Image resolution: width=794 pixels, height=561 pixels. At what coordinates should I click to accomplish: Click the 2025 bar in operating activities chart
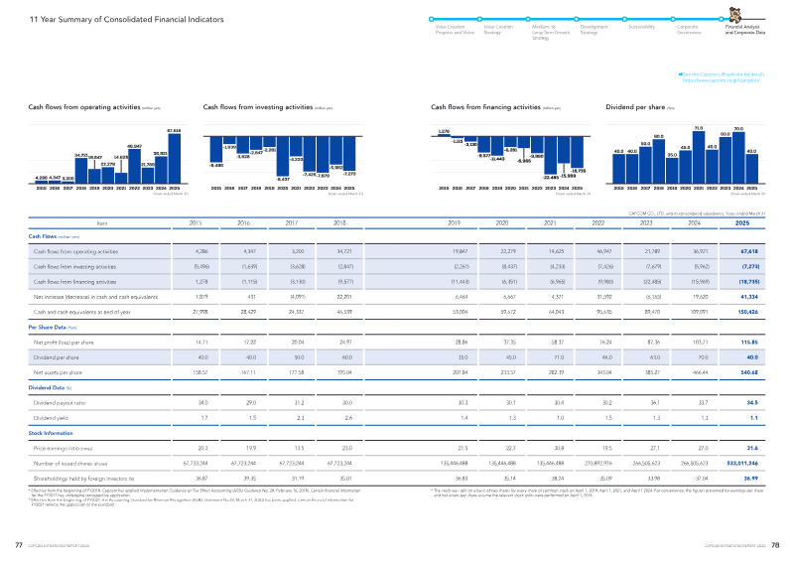174,157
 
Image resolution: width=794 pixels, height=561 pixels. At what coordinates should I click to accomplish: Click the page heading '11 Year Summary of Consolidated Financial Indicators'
102,19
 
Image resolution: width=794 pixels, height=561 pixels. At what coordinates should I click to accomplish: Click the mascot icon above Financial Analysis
736,17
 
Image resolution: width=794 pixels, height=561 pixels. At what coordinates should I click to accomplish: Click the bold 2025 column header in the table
756,223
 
